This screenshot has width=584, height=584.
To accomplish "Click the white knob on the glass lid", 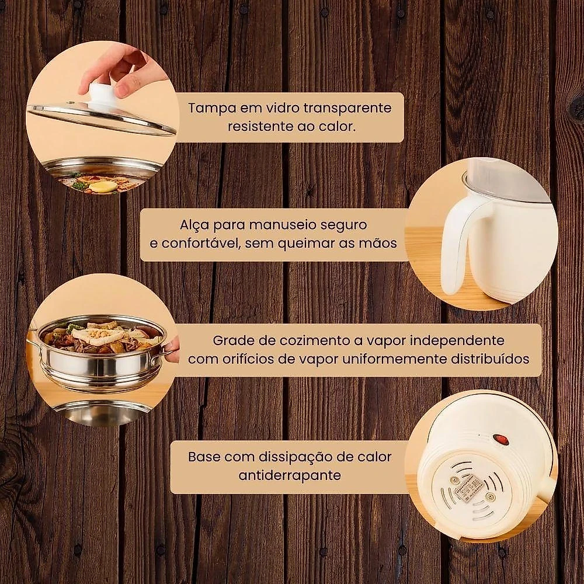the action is point(101,93).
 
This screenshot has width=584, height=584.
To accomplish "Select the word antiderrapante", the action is point(290,475).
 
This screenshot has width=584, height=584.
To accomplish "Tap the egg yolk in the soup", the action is point(98,186).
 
